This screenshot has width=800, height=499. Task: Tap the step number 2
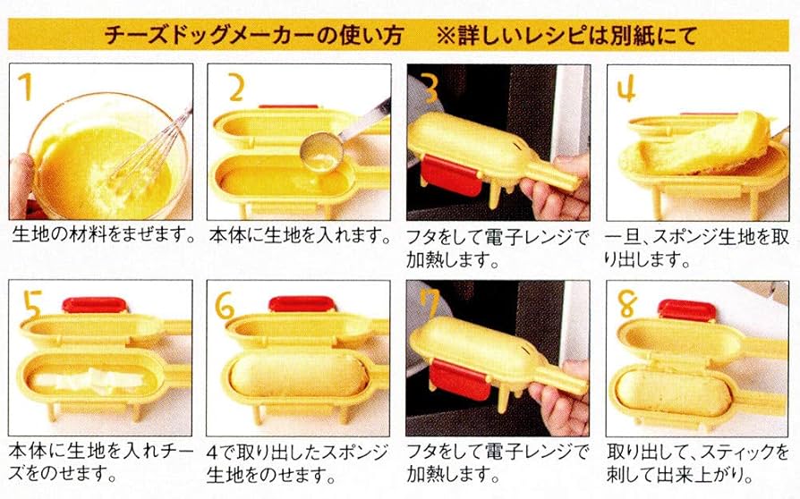click(x=234, y=88)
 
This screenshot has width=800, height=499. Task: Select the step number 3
click(x=430, y=88)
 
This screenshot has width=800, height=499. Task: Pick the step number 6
click(x=226, y=305)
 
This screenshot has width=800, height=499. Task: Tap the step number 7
click(x=430, y=305)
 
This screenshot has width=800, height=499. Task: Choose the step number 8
click(x=627, y=305)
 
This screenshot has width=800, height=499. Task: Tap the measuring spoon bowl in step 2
click(x=319, y=149)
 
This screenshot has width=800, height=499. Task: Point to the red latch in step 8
click(x=687, y=309)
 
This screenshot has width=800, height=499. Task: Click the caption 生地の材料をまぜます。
click(x=104, y=236)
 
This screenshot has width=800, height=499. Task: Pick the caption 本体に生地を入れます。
click(x=300, y=236)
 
